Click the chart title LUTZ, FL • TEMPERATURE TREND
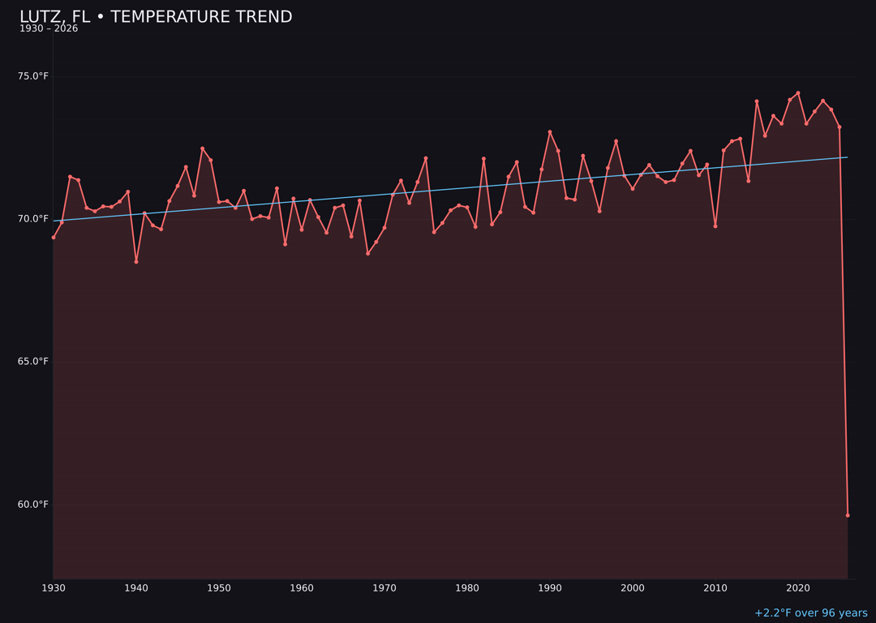tap(156, 17)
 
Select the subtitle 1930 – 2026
tap(49, 29)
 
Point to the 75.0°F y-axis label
tap(33, 76)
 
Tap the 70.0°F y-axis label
tap(33, 219)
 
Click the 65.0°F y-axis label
tap(33, 362)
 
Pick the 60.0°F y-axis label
tap(33, 505)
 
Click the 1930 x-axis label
tap(54, 588)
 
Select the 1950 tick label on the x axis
tap(219, 588)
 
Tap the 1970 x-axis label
tap(384, 588)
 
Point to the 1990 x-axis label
tap(550, 588)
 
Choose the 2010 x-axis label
tap(715, 588)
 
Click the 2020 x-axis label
tap(798, 588)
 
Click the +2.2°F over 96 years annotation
tap(810, 613)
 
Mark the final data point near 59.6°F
tap(848, 515)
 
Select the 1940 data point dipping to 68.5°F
tap(136, 261)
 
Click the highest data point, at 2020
tap(798, 93)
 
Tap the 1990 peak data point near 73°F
tap(550, 132)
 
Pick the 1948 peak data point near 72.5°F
tap(203, 148)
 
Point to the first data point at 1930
tap(54, 237)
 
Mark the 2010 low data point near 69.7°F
tap(715, 226)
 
